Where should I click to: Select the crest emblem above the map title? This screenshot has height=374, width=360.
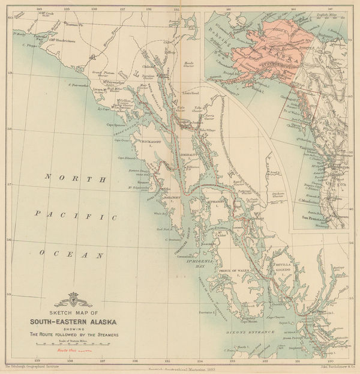tap(73, 296)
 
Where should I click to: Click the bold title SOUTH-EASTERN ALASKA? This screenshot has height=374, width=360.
tap(74, 319)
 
